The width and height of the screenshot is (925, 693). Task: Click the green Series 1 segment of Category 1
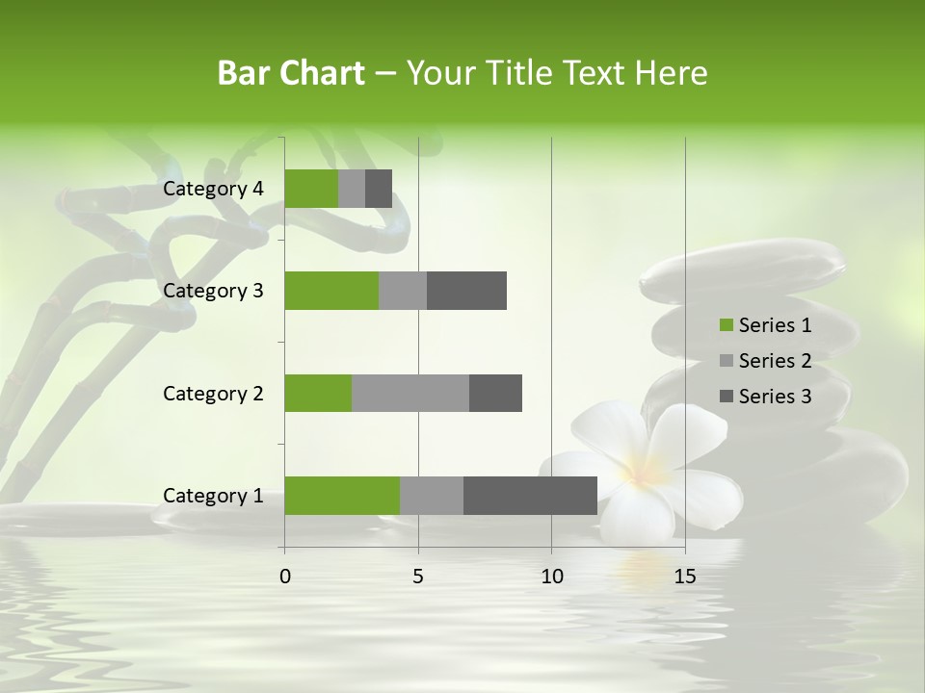(x=342, y=496)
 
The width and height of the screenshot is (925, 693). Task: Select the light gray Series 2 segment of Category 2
(x=410, y=393)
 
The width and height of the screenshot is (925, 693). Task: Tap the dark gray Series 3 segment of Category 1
(x=530, y=496)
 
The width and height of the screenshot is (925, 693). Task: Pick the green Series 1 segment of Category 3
(x=331, y=291)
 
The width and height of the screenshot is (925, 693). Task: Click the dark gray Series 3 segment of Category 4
(x=379, y=189)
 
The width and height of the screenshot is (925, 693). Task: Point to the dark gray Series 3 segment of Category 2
(x=495, y=393)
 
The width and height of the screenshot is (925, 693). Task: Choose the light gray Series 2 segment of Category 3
(x=403, y=291)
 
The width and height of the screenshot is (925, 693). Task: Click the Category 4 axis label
(x=213, y=189)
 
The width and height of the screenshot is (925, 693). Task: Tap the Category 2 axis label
(x=213, y=394)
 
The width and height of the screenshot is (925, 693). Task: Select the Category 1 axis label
(x=213, y=496)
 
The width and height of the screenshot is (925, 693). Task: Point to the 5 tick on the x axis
(x=418, y=577)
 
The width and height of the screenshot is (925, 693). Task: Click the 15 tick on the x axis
(x=685, y=577)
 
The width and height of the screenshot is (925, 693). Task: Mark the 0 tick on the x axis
(x=285, y=577)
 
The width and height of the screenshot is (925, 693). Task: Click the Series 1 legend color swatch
(x=726, y=325)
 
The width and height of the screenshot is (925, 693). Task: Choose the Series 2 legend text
(x=775, y=361)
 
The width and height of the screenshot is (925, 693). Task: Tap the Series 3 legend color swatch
(x=726, y=397)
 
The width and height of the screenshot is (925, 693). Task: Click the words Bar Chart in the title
(x=291, y=73)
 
